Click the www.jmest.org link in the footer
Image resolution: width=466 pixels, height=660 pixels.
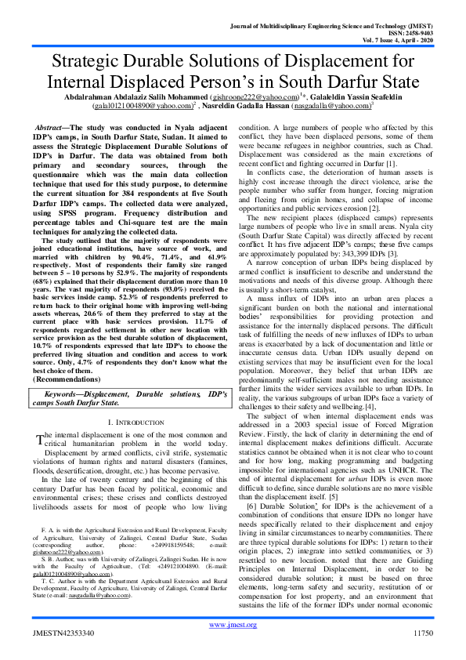(233, 625)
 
